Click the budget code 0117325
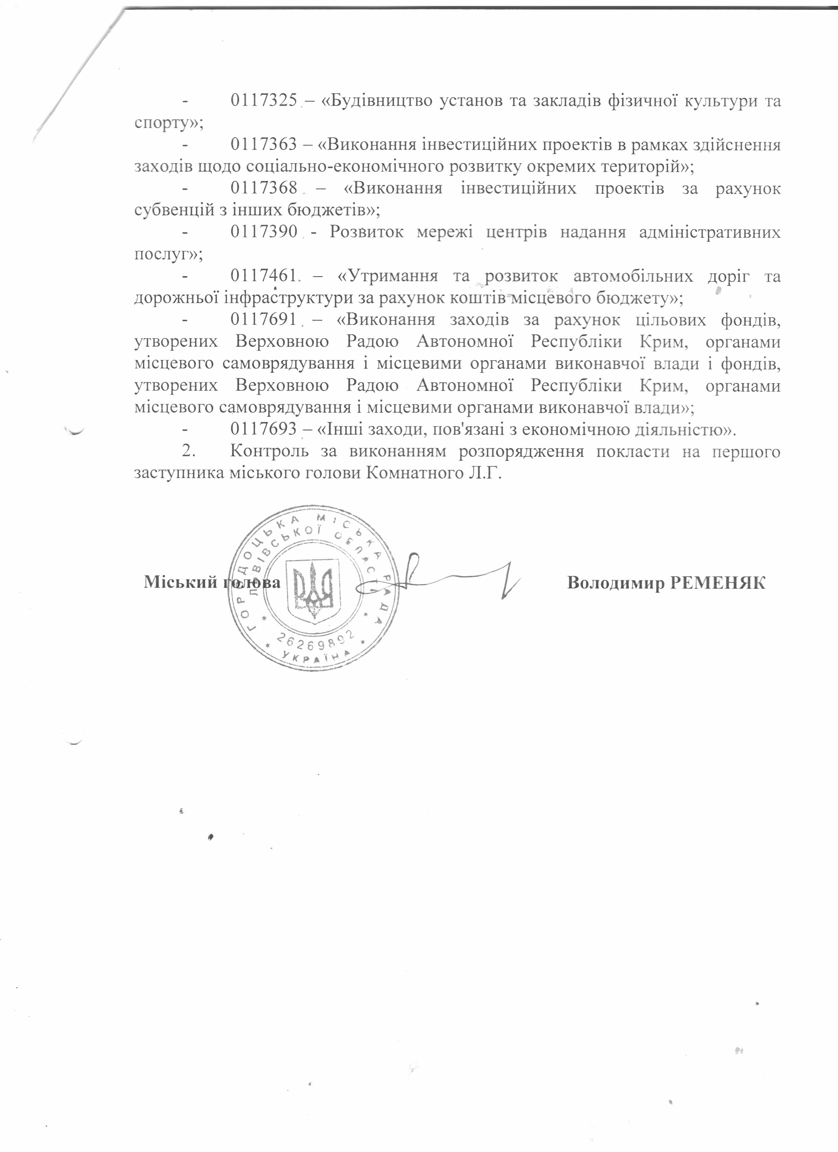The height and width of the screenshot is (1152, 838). (263, 101)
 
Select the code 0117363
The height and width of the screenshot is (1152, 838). (263, 145)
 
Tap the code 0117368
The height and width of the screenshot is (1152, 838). (263, 189)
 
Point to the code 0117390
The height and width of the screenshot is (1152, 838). (263, 233)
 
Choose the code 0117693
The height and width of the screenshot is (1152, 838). (263, 430)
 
